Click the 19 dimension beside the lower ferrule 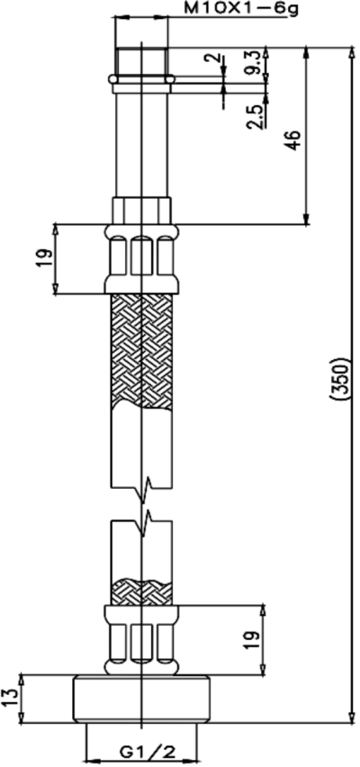[253, 639]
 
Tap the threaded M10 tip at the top [141, 61]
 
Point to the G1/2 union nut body [141, 698]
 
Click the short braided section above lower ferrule [141, 592]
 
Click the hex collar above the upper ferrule [141, 210]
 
